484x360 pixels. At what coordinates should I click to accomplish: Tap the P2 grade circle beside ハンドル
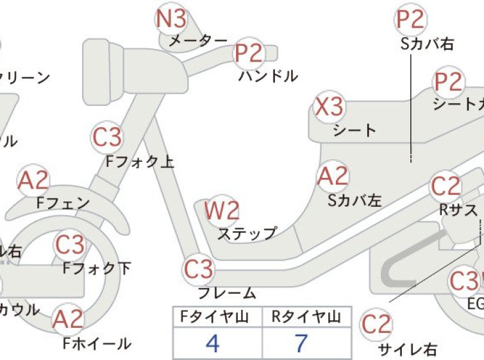pos(249,54)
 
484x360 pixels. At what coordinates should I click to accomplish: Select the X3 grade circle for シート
pos(330,107)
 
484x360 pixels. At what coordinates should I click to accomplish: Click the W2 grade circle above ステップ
pos(222,210)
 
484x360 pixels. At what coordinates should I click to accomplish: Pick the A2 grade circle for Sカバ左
pos(333,176)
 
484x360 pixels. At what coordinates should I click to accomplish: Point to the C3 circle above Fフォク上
pos(107,137)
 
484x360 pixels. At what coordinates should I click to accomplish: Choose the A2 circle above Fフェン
pos(33,182)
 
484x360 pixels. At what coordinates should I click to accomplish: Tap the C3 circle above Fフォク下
pos(70,244)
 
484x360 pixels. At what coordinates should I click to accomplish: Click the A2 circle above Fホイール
pos(68,319)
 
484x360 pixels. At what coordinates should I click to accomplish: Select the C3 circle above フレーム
pos(199,269)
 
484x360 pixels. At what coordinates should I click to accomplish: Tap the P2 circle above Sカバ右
pos(410,20)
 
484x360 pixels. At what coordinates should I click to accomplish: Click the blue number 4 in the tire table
pos(213,343)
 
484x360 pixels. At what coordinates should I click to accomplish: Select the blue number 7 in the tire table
pos(301,343)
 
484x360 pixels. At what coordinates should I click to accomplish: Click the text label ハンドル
pos(268,76)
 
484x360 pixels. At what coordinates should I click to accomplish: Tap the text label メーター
pos(197,41)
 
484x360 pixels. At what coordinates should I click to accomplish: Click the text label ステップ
pos(247,233)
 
